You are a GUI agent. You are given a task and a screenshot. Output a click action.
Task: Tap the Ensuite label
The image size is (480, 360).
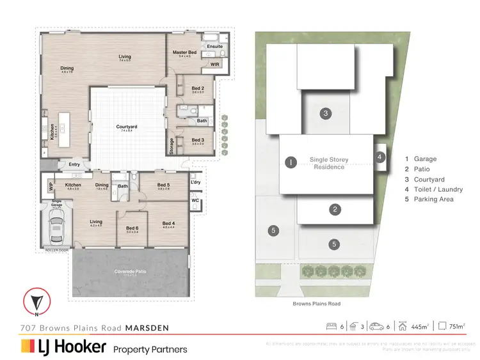tap(214, 46)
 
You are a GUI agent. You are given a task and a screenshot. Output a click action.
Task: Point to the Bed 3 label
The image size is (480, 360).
tap(198, 139)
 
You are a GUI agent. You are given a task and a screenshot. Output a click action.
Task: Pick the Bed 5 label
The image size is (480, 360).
tap(163, 186)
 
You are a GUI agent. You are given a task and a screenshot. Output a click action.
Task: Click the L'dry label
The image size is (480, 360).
tap(196, 183)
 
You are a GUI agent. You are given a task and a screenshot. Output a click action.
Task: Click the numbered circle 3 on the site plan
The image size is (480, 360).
tap(326, 113)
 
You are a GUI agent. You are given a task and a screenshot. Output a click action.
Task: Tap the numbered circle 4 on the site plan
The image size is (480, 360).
tap(380, 156)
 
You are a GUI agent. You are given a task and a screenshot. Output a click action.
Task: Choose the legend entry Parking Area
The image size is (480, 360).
tap(433, 200)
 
